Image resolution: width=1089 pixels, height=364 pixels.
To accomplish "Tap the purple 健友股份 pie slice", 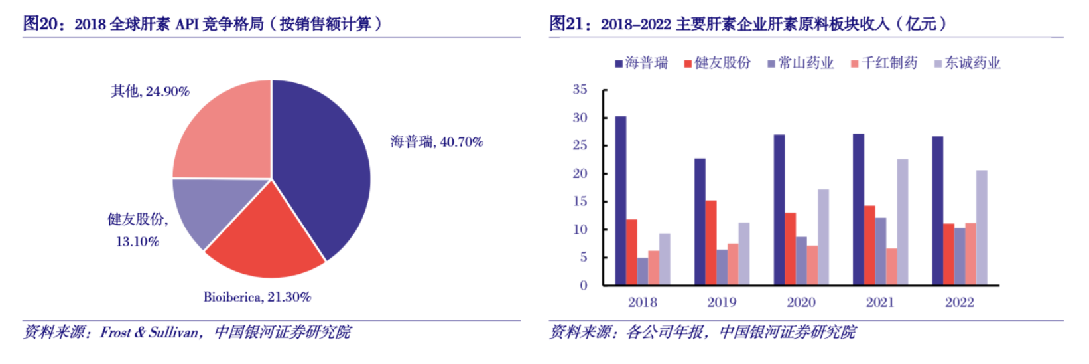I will point(209,209).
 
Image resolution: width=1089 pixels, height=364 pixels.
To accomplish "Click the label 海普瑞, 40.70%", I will point(436,141).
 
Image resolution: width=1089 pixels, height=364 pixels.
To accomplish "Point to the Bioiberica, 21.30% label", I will point(257,297).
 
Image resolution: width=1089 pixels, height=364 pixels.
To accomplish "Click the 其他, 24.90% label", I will point(150,91).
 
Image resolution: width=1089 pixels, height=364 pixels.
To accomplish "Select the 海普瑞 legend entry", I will point(641,63).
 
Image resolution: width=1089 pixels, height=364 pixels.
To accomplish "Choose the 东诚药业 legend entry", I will point(968,63).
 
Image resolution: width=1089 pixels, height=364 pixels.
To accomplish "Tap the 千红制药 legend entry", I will point(884,63).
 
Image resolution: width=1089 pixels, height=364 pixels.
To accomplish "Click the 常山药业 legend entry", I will point(801,63).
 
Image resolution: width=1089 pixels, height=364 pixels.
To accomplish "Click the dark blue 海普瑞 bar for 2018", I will point(621,201).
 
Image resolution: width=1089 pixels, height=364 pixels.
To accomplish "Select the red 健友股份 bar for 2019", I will point(711,242).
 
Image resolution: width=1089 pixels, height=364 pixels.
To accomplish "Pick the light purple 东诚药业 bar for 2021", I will point(903,222).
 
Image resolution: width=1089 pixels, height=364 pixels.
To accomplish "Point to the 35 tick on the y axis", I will point(580,89).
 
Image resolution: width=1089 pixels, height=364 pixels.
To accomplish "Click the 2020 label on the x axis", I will point(801,302).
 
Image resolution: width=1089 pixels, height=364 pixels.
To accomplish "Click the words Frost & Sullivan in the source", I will point(149,332).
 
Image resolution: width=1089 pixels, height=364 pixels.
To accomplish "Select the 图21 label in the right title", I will point(566,24).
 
